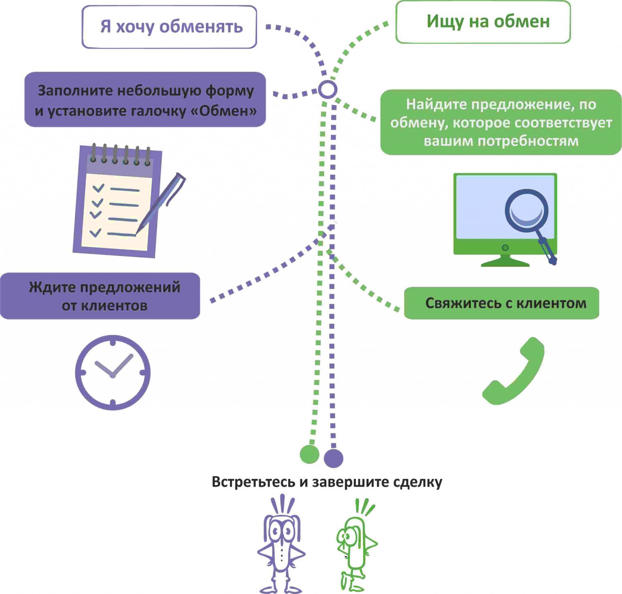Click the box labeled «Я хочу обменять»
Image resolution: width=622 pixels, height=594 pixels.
point(169,27)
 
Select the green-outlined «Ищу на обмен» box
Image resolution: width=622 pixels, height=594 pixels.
point(483,22)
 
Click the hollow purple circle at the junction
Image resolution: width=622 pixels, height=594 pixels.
point(327,89)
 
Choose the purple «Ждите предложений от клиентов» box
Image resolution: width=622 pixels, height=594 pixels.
point(100,296)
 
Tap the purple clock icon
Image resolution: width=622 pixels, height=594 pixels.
point(113,372)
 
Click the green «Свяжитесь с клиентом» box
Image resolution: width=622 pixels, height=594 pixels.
point(501,303)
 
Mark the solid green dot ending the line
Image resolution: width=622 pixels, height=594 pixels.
point(309,454)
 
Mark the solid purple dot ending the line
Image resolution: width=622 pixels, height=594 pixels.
point(334,458)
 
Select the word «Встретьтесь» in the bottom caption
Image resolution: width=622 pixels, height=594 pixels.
point(253,482)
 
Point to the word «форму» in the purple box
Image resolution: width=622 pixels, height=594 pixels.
point(230,91)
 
